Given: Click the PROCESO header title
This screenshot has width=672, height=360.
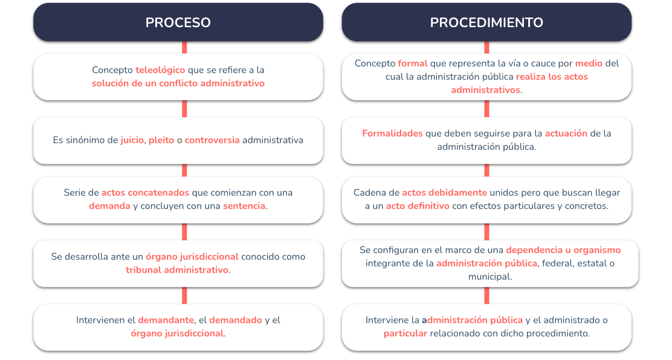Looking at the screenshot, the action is click(178, 22).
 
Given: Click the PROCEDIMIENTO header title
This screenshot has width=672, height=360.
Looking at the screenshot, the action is click(486, 22).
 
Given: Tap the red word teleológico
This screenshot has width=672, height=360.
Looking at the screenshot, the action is click(160, 70).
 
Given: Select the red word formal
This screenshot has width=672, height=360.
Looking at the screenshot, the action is click(413, 63).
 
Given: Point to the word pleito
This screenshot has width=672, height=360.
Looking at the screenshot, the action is click(161, 140).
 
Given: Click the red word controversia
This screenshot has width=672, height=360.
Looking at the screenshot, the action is click(212, 140).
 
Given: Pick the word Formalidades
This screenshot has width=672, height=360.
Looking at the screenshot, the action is click(393, 133).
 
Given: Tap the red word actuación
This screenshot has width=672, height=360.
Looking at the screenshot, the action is click(566, 133).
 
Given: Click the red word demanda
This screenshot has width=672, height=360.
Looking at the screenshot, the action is click(110, 206).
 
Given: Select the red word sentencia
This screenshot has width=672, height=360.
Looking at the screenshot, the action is click(244, 206).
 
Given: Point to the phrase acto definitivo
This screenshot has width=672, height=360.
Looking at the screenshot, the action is click(418, 206).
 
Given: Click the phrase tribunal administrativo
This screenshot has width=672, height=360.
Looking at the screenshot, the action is click(177, 269).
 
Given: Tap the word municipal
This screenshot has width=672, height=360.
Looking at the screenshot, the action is click(490, 277).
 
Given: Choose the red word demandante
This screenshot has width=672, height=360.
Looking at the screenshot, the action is click(166, 320).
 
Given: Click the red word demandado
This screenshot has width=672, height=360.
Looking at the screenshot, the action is click(236, 320).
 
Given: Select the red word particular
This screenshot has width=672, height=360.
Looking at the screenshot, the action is click(405, 333).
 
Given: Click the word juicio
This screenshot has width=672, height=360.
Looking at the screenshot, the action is click(132, 140).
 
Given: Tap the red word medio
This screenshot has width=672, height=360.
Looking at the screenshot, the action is click(589, 63).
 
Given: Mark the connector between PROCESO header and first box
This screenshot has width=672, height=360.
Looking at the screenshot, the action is click(184, 47).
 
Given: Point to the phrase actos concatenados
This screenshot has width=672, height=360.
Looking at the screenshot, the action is click(145, 193).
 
